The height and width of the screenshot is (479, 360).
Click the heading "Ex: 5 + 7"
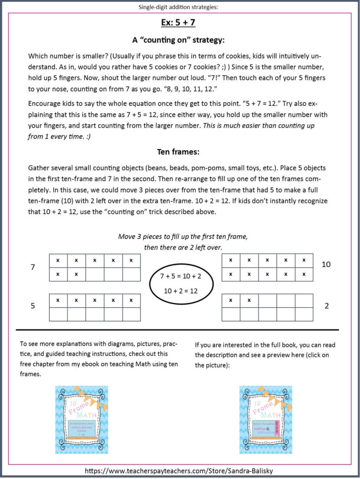point(180,23)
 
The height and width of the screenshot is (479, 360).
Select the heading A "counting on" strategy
point(180,40)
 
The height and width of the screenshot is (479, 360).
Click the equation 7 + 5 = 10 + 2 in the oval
point(181,276)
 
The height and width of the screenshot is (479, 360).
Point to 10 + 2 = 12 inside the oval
point(181,290)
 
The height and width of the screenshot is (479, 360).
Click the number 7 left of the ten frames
point(33,267)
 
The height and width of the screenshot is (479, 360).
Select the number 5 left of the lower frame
point(33,306)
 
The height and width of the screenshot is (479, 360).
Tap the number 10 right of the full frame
point(326,264)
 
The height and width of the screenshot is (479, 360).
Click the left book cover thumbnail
point(81,419)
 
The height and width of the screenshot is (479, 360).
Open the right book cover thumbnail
point(265,419)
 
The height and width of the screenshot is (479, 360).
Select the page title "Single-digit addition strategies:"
point(180,7)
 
